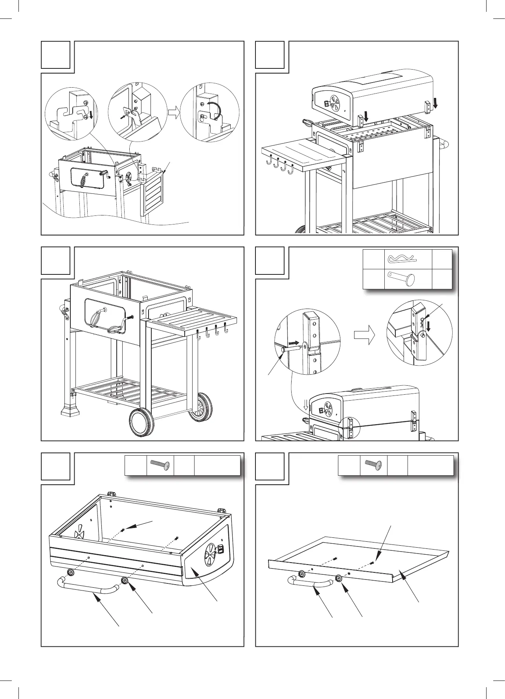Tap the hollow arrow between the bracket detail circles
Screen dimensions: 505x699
173,113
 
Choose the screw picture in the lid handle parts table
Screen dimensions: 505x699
160,465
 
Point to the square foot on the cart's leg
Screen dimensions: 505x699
71,410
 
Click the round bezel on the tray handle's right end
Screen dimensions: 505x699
338,578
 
